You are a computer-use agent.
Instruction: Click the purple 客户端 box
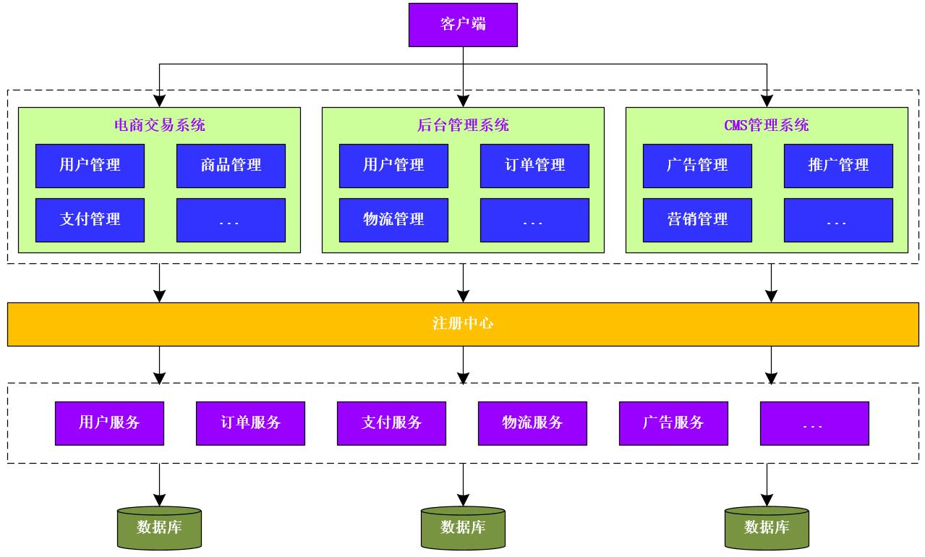click(x=463, y=25)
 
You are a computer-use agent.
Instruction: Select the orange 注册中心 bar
click(x=463, y=324)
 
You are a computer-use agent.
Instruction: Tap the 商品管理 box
click(x=231, y=166)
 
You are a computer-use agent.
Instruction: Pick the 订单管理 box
click(x=534, y=166)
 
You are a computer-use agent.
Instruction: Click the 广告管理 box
click(x=697, y=166)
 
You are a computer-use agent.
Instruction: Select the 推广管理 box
click(x=838, y=166)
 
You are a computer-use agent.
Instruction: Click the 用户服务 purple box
click(x=109, y=423)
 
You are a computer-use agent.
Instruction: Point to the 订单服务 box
click(x=250, y=423)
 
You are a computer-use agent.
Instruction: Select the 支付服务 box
click(x=391, y=423)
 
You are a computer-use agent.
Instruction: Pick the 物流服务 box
click(x=532, y=423)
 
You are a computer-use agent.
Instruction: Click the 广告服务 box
click(x=673, y=423)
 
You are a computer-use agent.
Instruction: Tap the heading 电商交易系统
click(x=160, y=125)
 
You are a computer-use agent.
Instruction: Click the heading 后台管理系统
click(x=463, y=125)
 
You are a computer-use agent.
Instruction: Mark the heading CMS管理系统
click(x=767, y=125)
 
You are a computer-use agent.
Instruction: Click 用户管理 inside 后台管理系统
click(x=393, y=166)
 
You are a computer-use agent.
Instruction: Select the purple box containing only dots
click(x=814, y=423)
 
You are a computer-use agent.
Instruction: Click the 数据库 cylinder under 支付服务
click(x=463, y=528)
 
